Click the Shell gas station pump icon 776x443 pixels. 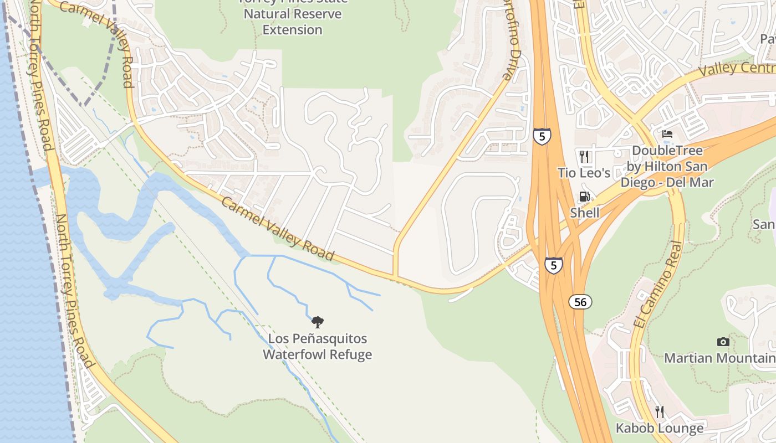click(584, 197)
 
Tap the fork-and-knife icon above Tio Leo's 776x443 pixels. click(584, 157)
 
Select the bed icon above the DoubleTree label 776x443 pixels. click(667, 135)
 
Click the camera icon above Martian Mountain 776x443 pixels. click(723, 342)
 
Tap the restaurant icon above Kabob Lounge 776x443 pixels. click(659, 411)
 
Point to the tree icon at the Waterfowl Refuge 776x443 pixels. click(317, 322)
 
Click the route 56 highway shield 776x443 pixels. click(580, 302)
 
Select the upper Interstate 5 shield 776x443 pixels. click(542, 136)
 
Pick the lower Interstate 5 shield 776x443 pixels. click(553, 265)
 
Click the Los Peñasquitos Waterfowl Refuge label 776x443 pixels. click(317, 347)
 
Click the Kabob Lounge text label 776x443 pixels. click(660, 428)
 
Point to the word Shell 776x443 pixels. click(585, 213)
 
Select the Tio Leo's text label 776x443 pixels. click(584, 173)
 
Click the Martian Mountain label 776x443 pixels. click(719, 358)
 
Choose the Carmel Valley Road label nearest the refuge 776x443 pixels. click(277, 228)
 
